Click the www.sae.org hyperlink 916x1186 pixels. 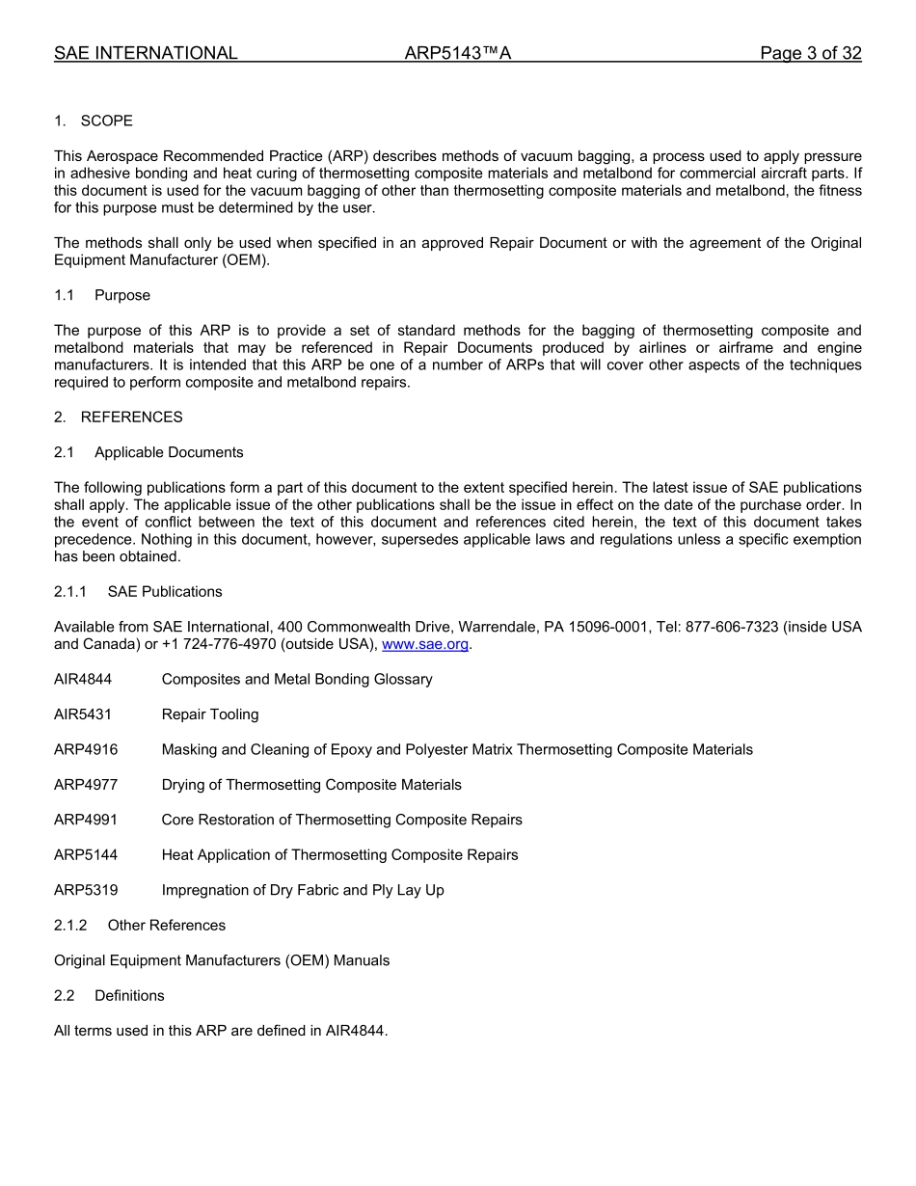point(425,644)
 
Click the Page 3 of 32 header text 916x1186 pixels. point(810,53)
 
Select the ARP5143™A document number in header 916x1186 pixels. point(457,53)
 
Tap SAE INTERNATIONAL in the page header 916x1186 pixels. point(146,53)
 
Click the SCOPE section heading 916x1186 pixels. point(106,121)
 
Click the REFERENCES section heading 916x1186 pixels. point(131,417)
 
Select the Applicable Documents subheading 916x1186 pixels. point(169,452)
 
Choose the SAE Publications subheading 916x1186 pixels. point(165,591)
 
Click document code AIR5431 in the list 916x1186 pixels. point(83,714)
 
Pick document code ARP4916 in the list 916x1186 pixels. point(86,749)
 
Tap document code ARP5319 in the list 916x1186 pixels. point(86,890)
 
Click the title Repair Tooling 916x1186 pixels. point(210,714)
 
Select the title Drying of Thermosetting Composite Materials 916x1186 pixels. point(311,785)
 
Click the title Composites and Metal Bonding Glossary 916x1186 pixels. point(297,679)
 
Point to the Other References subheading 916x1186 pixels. point(166,925)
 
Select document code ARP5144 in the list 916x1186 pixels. point(86,854)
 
